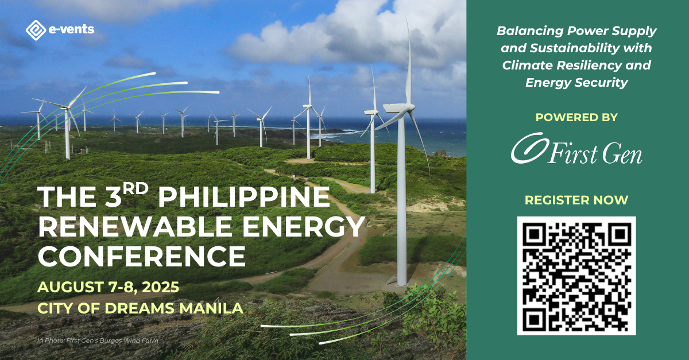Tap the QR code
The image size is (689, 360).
pos(576,276)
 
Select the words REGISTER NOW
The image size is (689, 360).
pos(576,200)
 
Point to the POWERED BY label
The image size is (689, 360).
pos(576,117)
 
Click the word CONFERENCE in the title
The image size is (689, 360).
pos(141,256)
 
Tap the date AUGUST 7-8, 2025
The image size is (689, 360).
pos(109,287)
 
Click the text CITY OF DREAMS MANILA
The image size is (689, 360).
pos(140,308)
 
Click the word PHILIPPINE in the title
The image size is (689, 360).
pos(243,199)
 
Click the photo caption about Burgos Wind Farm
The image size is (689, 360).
pos(96,341)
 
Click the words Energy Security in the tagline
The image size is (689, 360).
pos(576,83)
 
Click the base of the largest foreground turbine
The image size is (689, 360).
pos(401,280)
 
